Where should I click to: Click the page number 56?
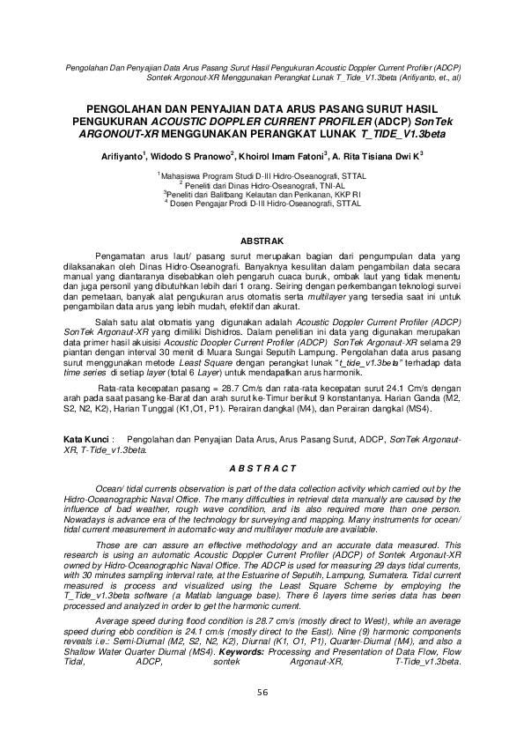tap(262, 716)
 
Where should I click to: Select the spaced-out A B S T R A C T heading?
tap(262, 467)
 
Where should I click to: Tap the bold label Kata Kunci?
tap(87, 438)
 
